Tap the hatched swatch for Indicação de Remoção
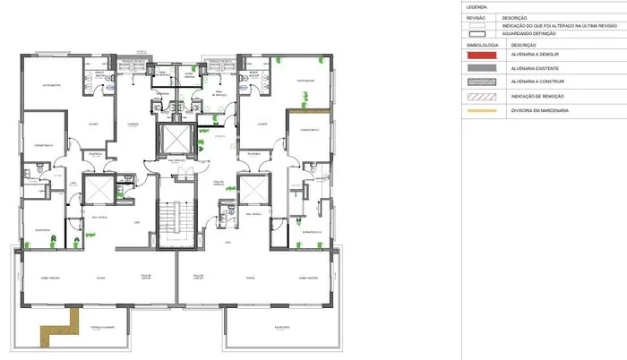pyautogui.click(x=479, y=96)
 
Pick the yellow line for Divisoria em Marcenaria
pyautogui.click(x=479, y=110)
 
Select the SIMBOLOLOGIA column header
pyautogui.click(x=476, y=44)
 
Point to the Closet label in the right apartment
pyautogui.click(x=262, y=124)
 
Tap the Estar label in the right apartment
pyautogui.click(x=252, y=279)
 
